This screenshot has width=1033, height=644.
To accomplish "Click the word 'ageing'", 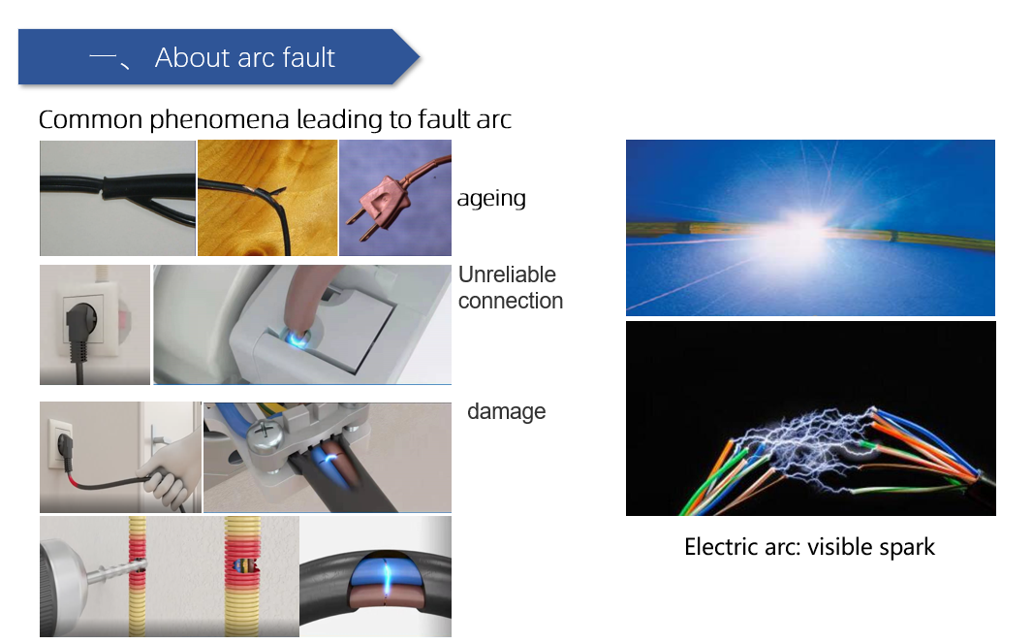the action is point(491,199).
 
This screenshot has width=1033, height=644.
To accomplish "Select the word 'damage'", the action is point(507,411).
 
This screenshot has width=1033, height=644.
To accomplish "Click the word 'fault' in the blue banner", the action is point(308,57).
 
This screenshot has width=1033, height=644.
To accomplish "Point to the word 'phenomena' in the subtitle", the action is point(219,120).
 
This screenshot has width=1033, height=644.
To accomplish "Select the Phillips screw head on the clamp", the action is point(264,433).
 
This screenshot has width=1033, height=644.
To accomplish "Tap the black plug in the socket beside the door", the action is point(63,451).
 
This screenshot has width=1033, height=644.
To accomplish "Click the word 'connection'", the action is point(511,302).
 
